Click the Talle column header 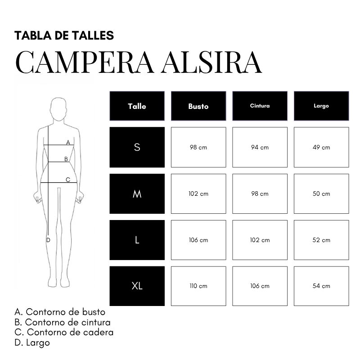click(137, 106)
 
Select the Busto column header click(198, 106)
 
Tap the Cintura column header click(260, 106)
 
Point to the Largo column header click(321, 106)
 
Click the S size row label click(137, 147)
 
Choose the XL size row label click(137, 286)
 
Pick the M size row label click(137, 194)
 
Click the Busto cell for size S click(198, 147)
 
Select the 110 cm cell click(198, 286)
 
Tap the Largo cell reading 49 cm click(321, 147)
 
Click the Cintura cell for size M click(260, 194)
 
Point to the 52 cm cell click(321, 240)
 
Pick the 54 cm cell click(321, 286)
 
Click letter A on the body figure click(68, 142)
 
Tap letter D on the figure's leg click(48, 240)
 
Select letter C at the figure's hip click(68, 180)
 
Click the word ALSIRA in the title click(211, 63)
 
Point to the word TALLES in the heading click(93, 36)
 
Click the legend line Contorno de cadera click(64, 332)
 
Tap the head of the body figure click(58, 108)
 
